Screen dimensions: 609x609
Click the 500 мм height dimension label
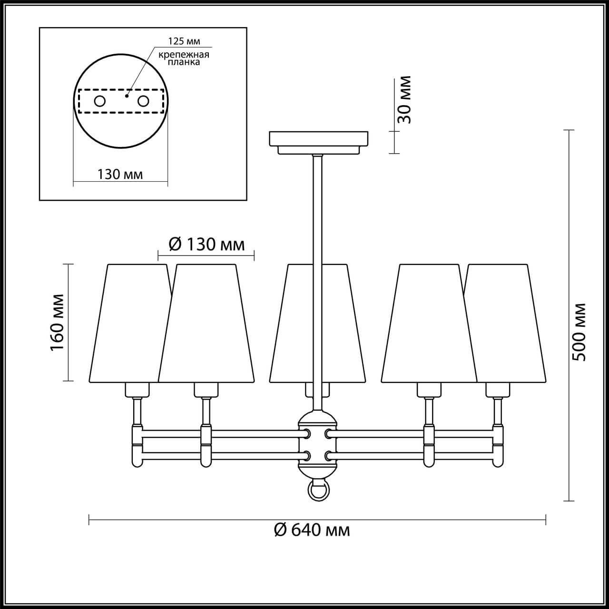(580, 332)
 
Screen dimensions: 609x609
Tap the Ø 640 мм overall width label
(312, 529)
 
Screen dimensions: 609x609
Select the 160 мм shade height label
(58, 322)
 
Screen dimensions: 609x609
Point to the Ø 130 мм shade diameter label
(207, 245)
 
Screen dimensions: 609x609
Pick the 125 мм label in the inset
(181, 41)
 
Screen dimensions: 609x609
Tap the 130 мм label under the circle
(120, 174)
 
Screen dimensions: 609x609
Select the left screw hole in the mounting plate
(100, 101)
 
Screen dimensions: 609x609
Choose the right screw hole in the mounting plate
(143, 101)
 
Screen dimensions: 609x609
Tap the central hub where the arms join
(317, 444)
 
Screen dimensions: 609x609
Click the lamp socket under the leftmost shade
(137, 390)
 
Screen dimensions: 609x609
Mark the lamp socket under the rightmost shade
(498, 390)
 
